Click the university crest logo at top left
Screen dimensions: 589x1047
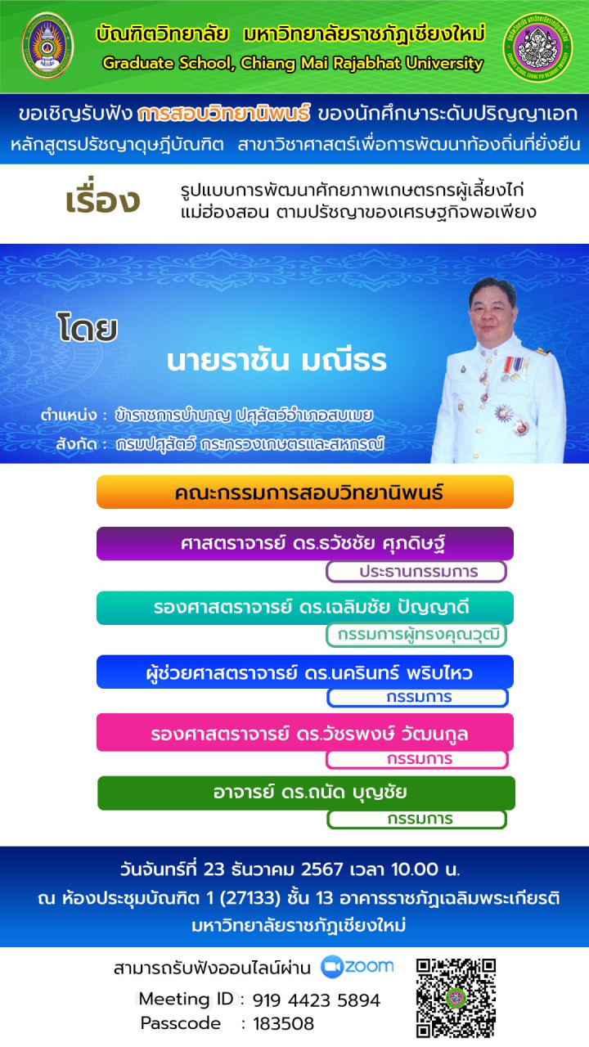(x=47, y=45)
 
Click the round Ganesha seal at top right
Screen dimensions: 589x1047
(x=538, y=47)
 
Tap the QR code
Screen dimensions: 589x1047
(x=456, y=998)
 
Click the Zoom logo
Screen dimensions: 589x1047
(x=357, y=967)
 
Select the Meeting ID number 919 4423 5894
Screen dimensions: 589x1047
(x=316, y=1000)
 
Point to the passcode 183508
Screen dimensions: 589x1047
(x=283, y=1023)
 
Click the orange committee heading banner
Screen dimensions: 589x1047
(x=305, y=492)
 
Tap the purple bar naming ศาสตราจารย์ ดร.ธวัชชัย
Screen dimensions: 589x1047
(x=305, y=543)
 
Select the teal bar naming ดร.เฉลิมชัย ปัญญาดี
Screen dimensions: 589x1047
(x=305, y=608)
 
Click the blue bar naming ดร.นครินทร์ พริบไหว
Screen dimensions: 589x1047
(x=305, y=672)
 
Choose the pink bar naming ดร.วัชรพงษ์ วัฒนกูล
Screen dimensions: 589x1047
(x=305, y=732)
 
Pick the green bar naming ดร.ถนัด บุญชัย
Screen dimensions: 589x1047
(x=306, y=793)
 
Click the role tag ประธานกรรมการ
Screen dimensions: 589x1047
(x=416, y=572)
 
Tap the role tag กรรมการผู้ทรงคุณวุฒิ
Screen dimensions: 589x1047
(x=416, y=635)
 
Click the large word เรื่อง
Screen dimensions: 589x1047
(x=103, y=199)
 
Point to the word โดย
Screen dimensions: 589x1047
(x=88, y=327)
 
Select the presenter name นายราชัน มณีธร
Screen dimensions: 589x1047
(x=277, y=361)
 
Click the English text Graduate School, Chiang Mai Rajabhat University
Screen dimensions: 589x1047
(x=293, y=63)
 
